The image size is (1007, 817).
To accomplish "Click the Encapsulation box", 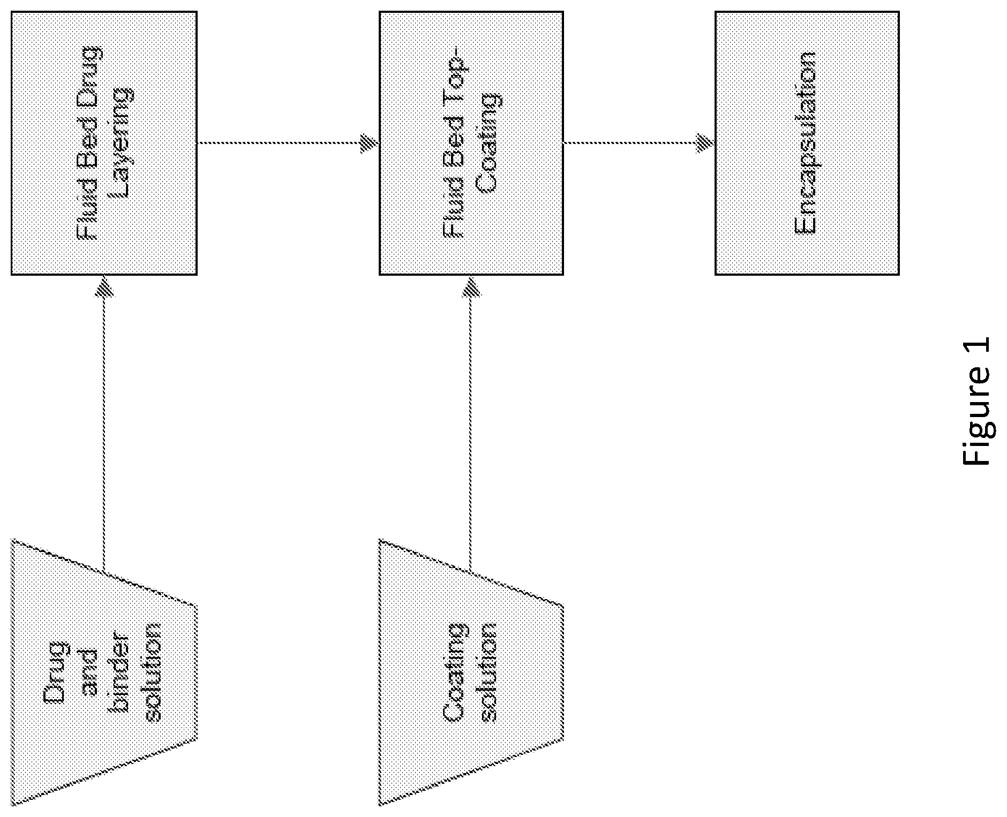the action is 807,143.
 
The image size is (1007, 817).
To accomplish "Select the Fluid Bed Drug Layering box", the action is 104,143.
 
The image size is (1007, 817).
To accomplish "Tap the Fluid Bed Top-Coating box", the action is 471,143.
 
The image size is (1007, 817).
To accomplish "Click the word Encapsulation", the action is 805,143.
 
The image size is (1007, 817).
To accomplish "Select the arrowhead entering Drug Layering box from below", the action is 104,285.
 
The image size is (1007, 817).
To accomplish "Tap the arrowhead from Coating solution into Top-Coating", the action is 471,285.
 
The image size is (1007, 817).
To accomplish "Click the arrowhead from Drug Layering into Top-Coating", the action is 370,143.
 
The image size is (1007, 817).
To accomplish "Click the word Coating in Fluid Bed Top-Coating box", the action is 489,142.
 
